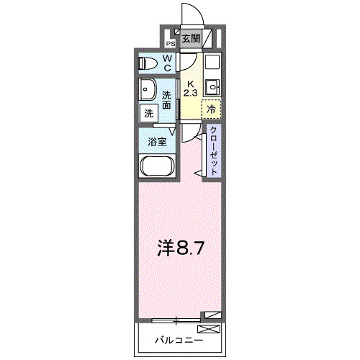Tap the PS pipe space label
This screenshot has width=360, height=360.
tap(171, 42)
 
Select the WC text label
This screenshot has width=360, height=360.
tap(166, 63)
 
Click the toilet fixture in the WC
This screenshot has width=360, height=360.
tap(148, 63)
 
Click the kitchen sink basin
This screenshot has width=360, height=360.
tap(212, 89)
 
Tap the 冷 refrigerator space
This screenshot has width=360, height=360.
tap(212, 109)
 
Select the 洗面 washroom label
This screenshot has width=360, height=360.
tap(166, 100)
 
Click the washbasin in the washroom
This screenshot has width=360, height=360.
tap(149, 91)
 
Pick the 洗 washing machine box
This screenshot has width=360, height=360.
tap(148, 113)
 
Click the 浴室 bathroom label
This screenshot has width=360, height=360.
tap(158, 142)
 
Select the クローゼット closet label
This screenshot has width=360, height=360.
tap(214, 150)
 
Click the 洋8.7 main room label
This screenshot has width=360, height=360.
tap(183, 249)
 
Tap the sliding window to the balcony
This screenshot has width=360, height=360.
tap(176, 318)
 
